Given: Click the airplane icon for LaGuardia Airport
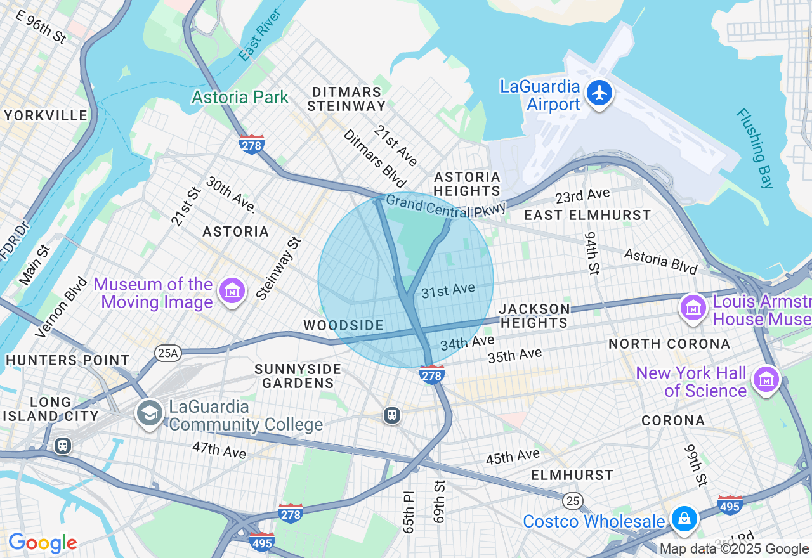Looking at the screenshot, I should point(599,93).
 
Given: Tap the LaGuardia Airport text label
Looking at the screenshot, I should point(540,96).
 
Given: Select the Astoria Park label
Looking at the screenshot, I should point(240,98).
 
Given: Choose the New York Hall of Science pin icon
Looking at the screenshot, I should point(766,379).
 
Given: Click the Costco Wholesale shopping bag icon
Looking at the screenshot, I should point(684,519).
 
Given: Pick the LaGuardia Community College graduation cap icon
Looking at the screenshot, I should point(150,413).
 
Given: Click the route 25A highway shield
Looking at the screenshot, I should point(167,353).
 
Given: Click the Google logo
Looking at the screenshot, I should point(43,543).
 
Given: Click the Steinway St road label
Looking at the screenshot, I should point(279,268).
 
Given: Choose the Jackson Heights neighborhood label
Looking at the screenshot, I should point(534,316).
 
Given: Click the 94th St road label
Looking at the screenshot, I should point(592,254).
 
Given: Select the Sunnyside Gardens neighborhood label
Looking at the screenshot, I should point(298,376).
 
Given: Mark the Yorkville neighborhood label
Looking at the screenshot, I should point(46,115).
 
